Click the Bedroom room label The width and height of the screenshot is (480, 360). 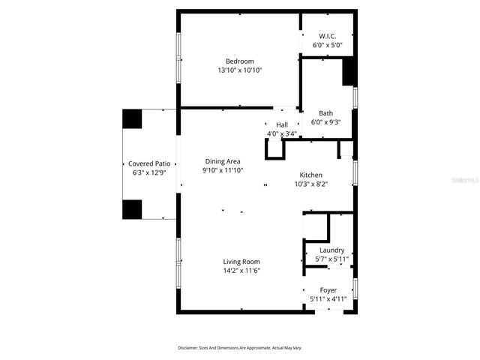click(240, 61)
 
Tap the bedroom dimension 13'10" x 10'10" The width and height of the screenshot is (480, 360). click(240, 70)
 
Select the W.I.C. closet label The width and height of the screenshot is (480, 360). click(327, 36)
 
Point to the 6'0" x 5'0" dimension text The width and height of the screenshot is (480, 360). click(327, 45)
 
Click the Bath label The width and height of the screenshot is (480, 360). click(325, 113)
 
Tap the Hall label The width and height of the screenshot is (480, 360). click(282, 124)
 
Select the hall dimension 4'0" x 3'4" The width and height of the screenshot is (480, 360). click(282, 133)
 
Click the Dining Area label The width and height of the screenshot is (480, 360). click(223, 161)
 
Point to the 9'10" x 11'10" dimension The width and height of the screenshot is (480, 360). click(223, 170)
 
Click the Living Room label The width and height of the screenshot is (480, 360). click(241, 262)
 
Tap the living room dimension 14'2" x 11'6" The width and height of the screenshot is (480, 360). click(241, 271)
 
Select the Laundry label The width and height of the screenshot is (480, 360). click(331, 250)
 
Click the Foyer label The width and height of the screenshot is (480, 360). click(328, 289)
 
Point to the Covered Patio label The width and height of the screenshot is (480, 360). click(148, 163)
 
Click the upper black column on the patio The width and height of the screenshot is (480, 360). click(132, 118)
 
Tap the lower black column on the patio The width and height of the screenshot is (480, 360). click(132, 209)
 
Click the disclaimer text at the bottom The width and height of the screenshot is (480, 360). click(240, 348)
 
